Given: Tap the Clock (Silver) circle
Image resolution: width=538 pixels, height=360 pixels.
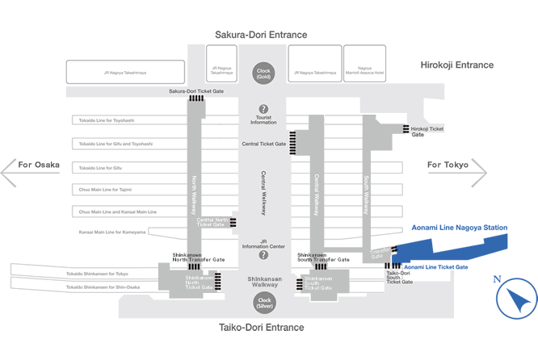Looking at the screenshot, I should [x=263, y=303].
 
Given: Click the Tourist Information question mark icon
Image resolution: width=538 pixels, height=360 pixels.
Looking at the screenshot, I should [x=263, y=109].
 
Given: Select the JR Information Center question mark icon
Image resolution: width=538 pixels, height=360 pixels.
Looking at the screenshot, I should [x=263, y=255].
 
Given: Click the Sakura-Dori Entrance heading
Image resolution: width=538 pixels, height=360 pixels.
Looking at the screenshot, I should [x=261, y=36].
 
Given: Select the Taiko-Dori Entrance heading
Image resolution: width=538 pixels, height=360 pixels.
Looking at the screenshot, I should [x=262, y=328].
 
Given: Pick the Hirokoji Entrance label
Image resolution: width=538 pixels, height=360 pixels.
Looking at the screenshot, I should [x=457, y=65].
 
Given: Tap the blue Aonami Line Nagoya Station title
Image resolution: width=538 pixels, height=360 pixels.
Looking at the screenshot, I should [x=460, y=228].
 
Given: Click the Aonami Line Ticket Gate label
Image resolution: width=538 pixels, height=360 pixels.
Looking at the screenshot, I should [x=435, y=266].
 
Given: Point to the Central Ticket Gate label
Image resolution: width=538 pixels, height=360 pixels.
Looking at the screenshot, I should [x=263, y=144].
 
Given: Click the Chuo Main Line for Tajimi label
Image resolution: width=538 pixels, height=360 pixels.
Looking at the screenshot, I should [x=104, y=190].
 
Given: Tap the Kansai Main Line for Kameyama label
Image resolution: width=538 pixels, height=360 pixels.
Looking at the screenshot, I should [x=112, y=232].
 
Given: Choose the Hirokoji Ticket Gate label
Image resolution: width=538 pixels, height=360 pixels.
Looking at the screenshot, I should [x=427, y=132].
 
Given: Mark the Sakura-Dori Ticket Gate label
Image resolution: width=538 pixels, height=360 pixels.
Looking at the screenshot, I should [x=196, y=91].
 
